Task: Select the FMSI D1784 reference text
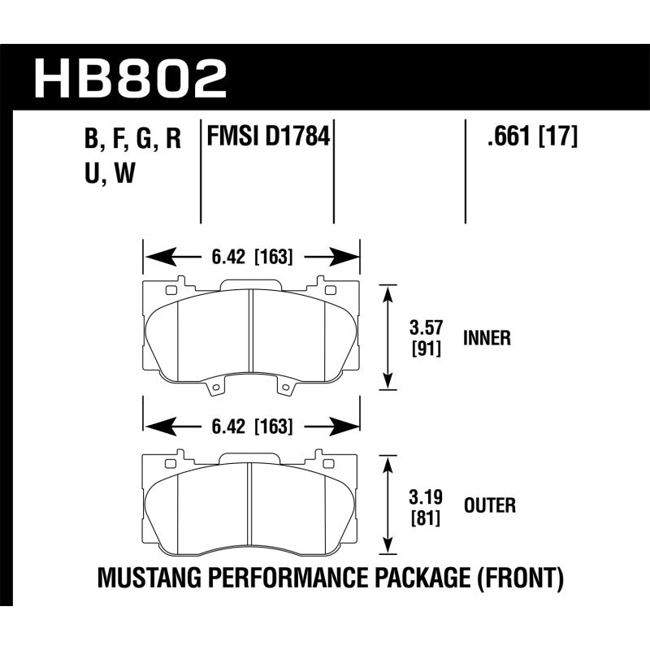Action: coord(268,136)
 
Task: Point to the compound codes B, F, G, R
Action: coord(132,140)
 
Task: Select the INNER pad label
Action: coord(487,337)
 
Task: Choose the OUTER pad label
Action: coord(488,506)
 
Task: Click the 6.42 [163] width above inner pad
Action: coord(252,258)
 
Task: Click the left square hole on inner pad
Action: coord(171,290)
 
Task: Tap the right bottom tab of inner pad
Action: coord(285,389)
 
